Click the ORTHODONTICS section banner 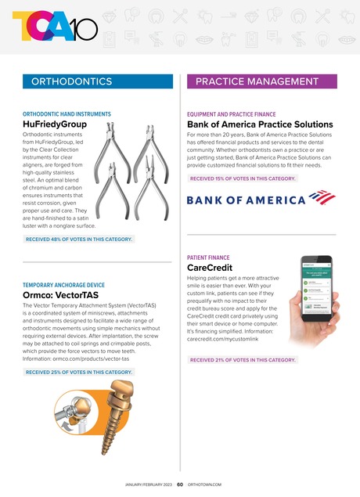pos(97,81)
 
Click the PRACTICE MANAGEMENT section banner pos(262,81)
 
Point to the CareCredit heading pos(211,267)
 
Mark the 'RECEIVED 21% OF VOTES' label pos(243,360)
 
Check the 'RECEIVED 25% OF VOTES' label pos(78,372)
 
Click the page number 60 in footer pos(179,484)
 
